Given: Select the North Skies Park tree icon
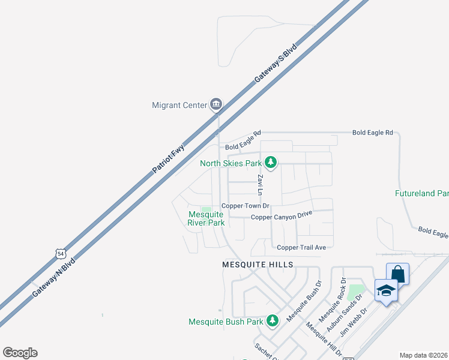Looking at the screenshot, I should (x=271, y=162).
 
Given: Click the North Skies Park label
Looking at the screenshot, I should (x=231, y=163).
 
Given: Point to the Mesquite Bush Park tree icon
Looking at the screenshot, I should (x=272, y=321).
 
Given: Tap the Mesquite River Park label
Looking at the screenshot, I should (x=206, y=218).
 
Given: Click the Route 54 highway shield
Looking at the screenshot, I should (x=59, y=254).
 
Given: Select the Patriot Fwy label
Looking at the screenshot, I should (x=169, y=159).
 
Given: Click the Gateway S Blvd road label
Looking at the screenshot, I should (x=279, y=66).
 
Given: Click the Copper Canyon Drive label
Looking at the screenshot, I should (x=282, y=217).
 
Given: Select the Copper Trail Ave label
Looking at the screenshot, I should (x=301, y=247).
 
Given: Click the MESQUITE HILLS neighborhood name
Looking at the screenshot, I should (x=258, y=265).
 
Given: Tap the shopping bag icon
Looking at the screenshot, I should (x=397, y=273).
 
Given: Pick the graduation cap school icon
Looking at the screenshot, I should (x=386, y=290).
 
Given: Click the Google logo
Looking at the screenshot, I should (x=20, y=353).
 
